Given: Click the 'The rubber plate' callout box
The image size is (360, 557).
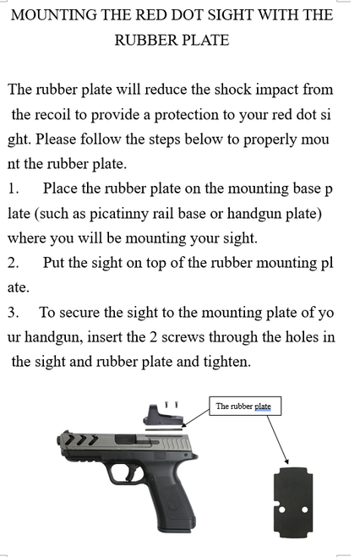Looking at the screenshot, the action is click(x=243, y=407).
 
